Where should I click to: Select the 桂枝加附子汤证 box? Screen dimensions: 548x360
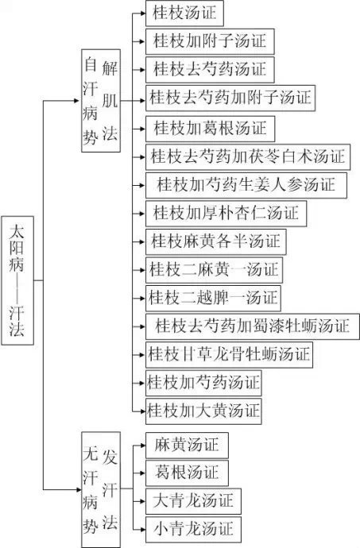click(x=210, y=40)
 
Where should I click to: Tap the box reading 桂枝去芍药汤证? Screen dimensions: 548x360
click(x=210, y=68)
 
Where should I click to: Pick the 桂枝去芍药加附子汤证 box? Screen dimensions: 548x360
click(x=230, y=98)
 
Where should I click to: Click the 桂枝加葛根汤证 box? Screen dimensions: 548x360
click(x=210, y=127)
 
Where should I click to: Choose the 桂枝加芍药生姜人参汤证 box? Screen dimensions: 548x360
click(x=246, y=185)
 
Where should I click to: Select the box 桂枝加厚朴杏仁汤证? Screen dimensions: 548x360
click(x=226, y=214)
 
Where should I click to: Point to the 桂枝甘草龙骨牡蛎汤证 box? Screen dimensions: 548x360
click(x=229, y=354)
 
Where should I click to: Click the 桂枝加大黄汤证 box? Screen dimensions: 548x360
click(x=203, y=411)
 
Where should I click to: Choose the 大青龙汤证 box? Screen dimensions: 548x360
click(x=193, y=500)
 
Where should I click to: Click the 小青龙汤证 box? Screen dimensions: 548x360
click(x=193, y=529)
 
